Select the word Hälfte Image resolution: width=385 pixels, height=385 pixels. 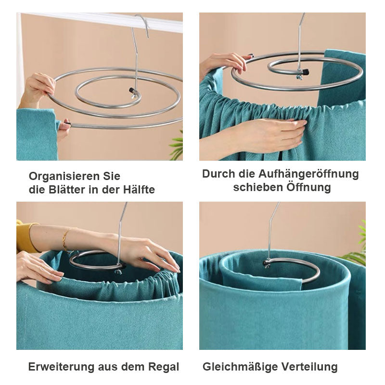(139, 190)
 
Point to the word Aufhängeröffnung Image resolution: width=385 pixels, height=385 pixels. (308, 175)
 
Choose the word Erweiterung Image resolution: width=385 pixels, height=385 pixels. (61, 367)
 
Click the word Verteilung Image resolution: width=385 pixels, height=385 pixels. (309, 367)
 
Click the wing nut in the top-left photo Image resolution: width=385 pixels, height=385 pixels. (134, 96)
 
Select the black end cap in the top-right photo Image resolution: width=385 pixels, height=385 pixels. (305, 72)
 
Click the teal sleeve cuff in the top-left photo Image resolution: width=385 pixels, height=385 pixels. (37, 135)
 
